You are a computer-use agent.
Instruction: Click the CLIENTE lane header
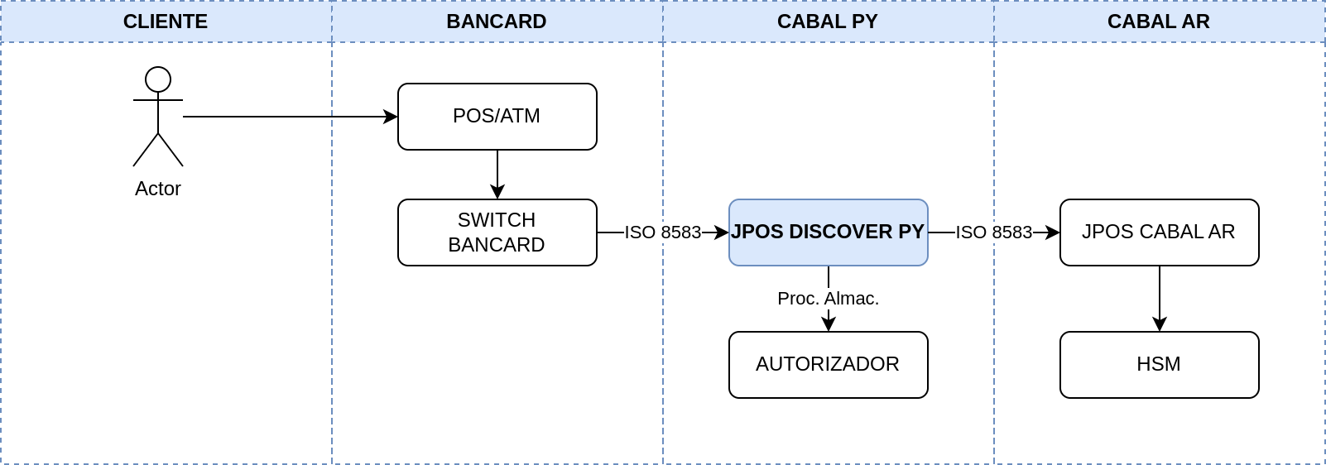pyautogui.click(x=166, y=22)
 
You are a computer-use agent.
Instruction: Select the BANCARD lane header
pyautogui.click(x=497, y=22)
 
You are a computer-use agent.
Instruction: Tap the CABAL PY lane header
pyautogui.click(x=828, y=22)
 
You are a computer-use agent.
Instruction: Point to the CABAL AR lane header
pyautogui.click(x=1159, y=22)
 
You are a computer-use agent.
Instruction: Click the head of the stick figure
pyautogui.click(x=158, y=79)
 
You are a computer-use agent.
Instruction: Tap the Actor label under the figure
pyautogui.click(x=158, y=189)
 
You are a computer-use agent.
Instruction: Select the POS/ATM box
pyautogui.click(x=497, y=117)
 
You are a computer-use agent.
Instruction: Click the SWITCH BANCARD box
pyautogui.click(x=497, y=232)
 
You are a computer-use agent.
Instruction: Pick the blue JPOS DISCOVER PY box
pyautogui.click(x=829, y=232)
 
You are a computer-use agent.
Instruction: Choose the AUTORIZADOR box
pyautogui.click(x=829, y=365)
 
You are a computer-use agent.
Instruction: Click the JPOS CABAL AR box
pyautogui.click(x=1159, y=232)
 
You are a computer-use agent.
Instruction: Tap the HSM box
pyautogui.click(x=1159, y=365)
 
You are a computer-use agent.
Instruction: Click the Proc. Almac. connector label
pyautogui.click(x=829, y=299)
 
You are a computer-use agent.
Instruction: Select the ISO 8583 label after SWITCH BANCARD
pyautogui.click(x=663, y=232)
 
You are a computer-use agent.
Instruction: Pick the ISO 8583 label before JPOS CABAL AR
pyautogui.click(x=994, y=232)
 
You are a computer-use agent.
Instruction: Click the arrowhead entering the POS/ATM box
pyautogui.click(x=391, y=117)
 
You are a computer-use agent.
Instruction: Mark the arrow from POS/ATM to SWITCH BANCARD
pyautogui.click(x=497, y=175)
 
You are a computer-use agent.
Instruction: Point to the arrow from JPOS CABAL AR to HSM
pyautogui.click(x=1159, y=299)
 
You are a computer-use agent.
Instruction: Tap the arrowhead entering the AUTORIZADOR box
pyautogui.click(x=829, y=324)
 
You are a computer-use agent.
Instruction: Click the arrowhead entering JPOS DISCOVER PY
pyautogui.click(x=722, y=232)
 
